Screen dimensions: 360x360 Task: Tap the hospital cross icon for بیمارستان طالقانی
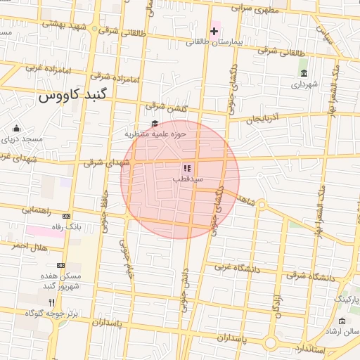pyautogui.click(x=214, y=31)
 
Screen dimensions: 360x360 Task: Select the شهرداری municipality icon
pyautogui.click(x=303, y=73)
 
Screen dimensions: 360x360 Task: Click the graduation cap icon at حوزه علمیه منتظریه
pyautogui.click(x=154, y=124)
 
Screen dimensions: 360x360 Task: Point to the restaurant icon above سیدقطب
pyautogui.click(x=187, y=168)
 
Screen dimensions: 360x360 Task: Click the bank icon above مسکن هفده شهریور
pyautogui.click(x=60, y=265)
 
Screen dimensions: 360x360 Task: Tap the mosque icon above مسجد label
pyautogui.click(x=16, y=128)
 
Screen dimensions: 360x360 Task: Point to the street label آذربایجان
pyautogui.click(x=267, y=117)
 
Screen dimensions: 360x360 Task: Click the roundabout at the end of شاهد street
pyautogui.click(x=260, y=205)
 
